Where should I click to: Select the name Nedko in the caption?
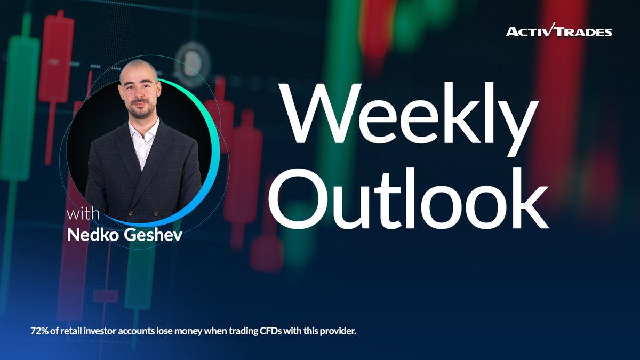pyautogui.click(x=89, y=235)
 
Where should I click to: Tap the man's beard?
pyautogui.click(x=140, y=111)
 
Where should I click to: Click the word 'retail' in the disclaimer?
pyautogui.click(x=77, y=331)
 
